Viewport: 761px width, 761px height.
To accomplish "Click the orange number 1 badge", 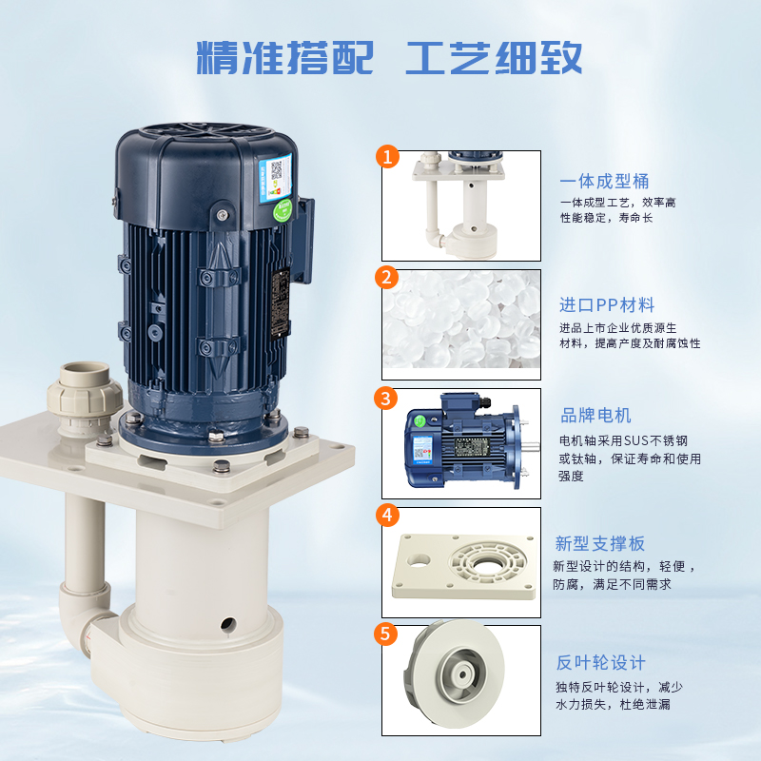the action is [x=387, y=156].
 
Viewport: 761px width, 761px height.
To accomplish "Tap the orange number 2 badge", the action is [x=386, y=277].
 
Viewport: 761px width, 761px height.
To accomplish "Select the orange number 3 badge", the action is [x=386, y=398].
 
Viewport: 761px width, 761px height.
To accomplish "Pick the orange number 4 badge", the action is [x=387, y=515].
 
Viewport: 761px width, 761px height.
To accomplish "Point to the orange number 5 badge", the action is [x=386, y=634].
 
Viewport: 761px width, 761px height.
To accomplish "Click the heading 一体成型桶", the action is [x=604, y=181].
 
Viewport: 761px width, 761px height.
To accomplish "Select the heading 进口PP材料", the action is [x=607, y=304].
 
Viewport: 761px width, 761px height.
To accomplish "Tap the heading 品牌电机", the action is [x=595, y=416].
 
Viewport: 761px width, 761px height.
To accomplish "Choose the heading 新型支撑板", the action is [x=600, y=543].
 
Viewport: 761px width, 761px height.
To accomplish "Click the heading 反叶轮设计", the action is [x=601, y=662].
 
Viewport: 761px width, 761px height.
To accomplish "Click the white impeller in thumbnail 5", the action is [x=454, y=673].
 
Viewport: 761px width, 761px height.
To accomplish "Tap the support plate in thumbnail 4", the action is [x=463, y=566].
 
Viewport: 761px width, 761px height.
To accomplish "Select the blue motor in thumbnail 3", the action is [x=471, y=442].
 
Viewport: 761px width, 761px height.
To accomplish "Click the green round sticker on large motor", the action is [x=282, y=209].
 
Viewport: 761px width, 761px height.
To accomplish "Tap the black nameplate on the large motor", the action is [x=281, y=302].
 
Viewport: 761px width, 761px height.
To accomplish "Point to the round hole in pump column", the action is [x=228, y=625].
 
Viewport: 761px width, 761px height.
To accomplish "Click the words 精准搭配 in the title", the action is [x=284, y=58].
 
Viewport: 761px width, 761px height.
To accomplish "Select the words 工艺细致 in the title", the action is [x=494, y=58].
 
